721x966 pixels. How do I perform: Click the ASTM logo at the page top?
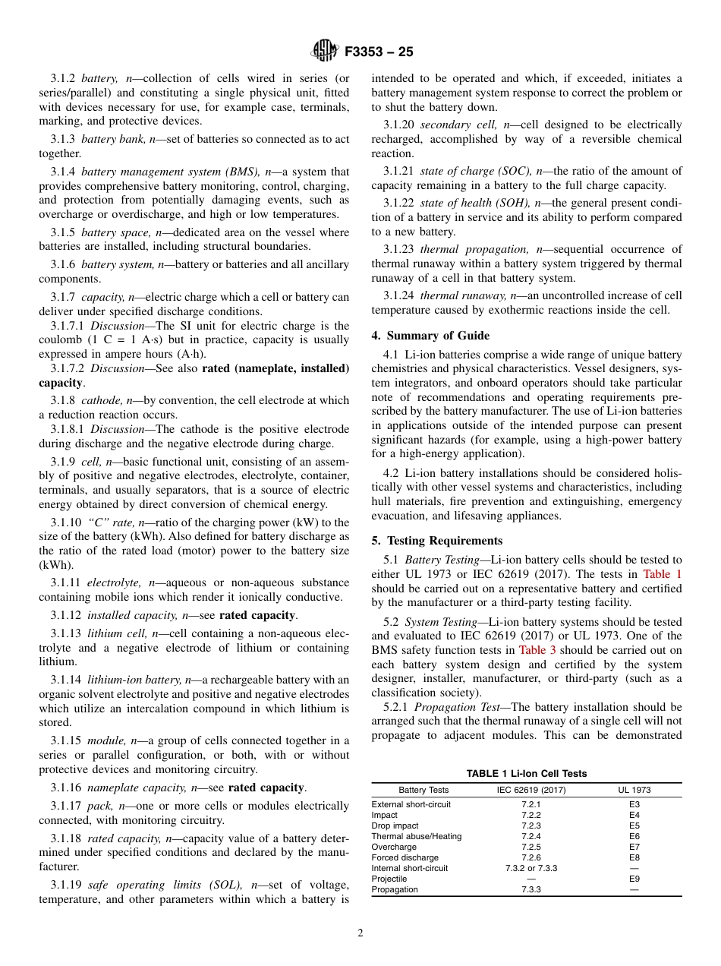click(x=324, y=52)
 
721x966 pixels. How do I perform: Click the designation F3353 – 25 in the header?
click(x=379, y=52)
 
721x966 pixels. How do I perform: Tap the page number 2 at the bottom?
click(x=360, y=933)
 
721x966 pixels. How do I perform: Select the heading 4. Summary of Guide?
click(x=430, y=336)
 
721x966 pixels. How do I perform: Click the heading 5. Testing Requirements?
click(x=436, y=541)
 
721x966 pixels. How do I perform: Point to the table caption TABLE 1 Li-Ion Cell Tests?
click(x=526, y=773)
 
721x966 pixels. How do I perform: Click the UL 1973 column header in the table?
click(x=634, y=790)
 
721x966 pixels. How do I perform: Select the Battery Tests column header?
click(x=423, y=790)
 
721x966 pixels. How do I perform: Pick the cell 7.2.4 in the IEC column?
click(x=531, y=836)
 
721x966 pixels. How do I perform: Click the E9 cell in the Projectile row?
click(x=634, y=879)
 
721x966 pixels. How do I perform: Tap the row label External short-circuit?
click(x=411, y=804)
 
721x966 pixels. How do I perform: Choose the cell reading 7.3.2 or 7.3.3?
click(x=531, y=868)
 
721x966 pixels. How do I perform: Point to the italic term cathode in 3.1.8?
click(x=100, y=400)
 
